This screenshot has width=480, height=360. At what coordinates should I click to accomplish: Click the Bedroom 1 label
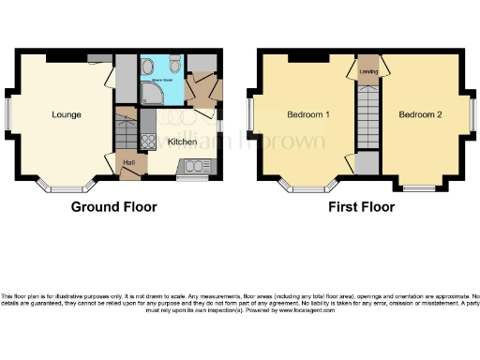[x=308, y=115]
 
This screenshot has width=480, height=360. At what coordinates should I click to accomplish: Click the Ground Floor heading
[x=114, y=206]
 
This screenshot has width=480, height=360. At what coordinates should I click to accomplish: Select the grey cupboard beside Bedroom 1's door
[x=367, y=163]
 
